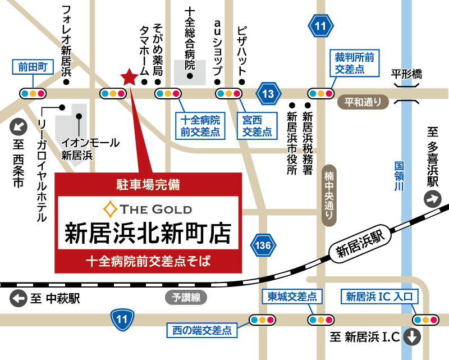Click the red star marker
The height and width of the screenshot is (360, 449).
129,77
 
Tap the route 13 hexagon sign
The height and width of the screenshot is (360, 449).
268,94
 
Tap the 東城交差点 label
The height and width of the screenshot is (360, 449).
292,297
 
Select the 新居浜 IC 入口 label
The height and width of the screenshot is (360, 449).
379,297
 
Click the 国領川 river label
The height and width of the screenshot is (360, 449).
398,177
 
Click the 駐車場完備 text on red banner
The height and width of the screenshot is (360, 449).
148,183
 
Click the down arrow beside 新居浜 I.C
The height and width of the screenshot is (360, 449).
413,337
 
